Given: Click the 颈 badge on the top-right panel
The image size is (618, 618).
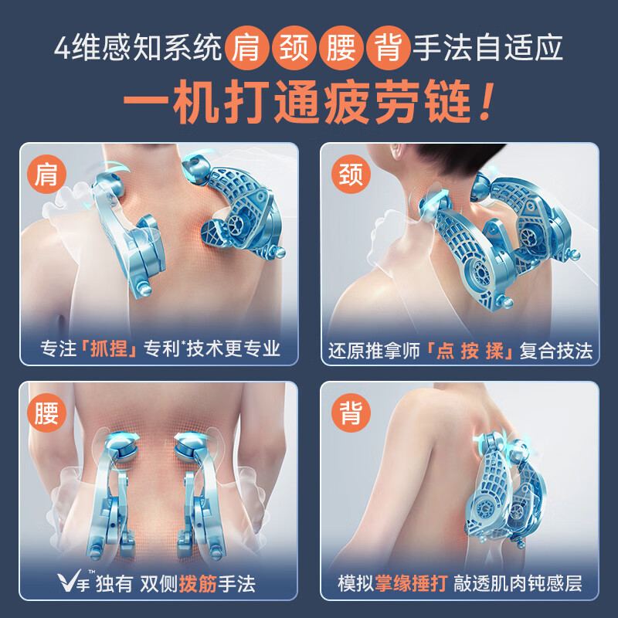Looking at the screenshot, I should [x=350, y=175].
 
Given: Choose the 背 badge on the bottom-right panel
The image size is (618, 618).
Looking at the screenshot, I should [x=350, y=413].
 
